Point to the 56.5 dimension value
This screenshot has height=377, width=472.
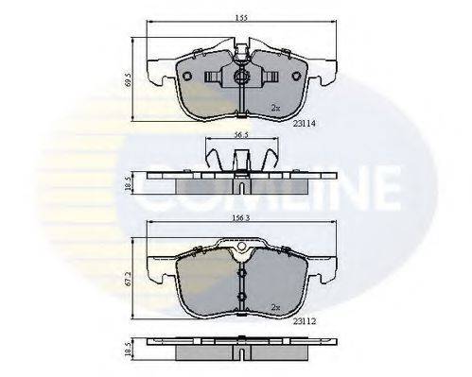240,135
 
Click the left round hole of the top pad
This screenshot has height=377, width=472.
187,77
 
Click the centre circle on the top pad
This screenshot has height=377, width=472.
241,77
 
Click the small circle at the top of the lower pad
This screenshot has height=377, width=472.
243,252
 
